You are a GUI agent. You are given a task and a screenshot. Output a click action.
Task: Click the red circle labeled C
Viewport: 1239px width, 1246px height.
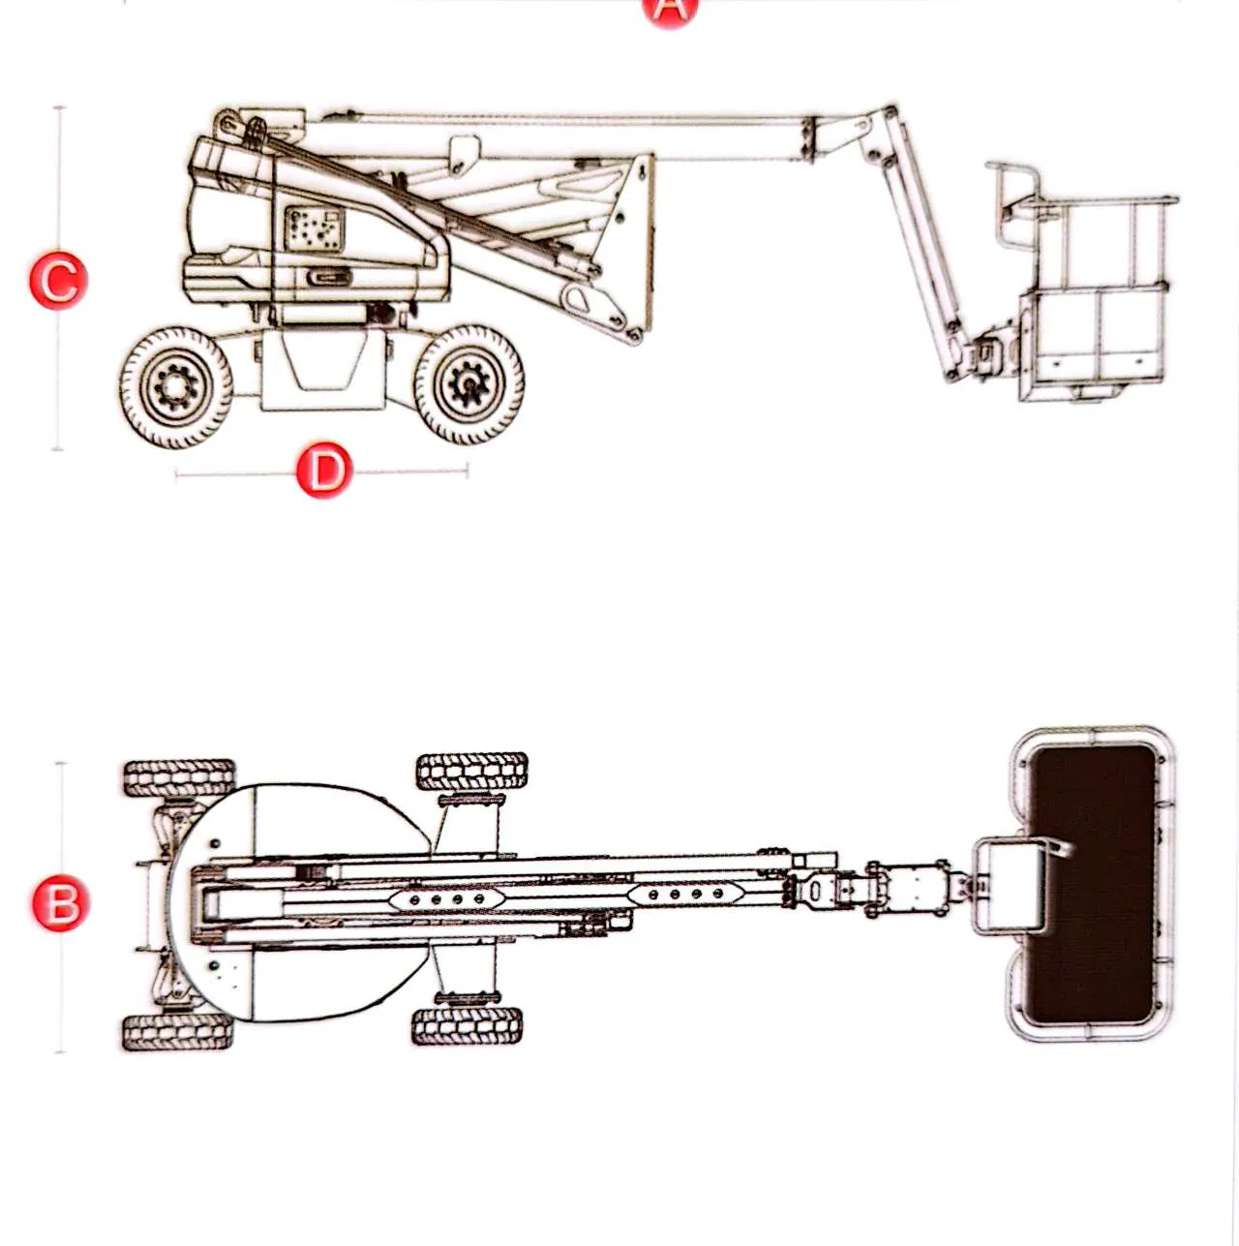[59, 280]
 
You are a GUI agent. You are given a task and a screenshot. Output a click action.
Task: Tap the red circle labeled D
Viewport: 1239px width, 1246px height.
[323, 470]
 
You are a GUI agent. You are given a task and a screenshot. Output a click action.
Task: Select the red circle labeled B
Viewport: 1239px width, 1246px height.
[60, 902]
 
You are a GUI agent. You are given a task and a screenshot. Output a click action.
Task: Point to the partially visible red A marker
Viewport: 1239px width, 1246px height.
[670, 10]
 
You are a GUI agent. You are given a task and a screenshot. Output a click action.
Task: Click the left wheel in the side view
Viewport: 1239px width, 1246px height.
[175, 387]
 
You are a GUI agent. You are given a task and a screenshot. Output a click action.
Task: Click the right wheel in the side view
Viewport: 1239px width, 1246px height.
[469, 385]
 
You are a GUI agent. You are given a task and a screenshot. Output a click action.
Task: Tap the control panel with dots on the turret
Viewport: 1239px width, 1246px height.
[315, 229]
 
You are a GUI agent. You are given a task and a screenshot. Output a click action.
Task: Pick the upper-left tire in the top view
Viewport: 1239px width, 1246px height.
[179, 778]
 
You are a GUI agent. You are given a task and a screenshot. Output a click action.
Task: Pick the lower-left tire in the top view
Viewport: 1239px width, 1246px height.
[179, 1033]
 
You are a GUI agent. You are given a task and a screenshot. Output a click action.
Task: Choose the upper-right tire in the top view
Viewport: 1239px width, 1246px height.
[471, 772]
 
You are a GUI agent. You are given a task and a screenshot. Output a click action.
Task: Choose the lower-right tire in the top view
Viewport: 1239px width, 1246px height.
[467, 1026]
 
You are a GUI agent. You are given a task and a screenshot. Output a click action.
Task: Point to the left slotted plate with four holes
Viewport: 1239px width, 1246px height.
[446, 899]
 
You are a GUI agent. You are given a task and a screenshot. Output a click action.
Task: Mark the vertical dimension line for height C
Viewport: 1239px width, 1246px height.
[59, 387]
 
